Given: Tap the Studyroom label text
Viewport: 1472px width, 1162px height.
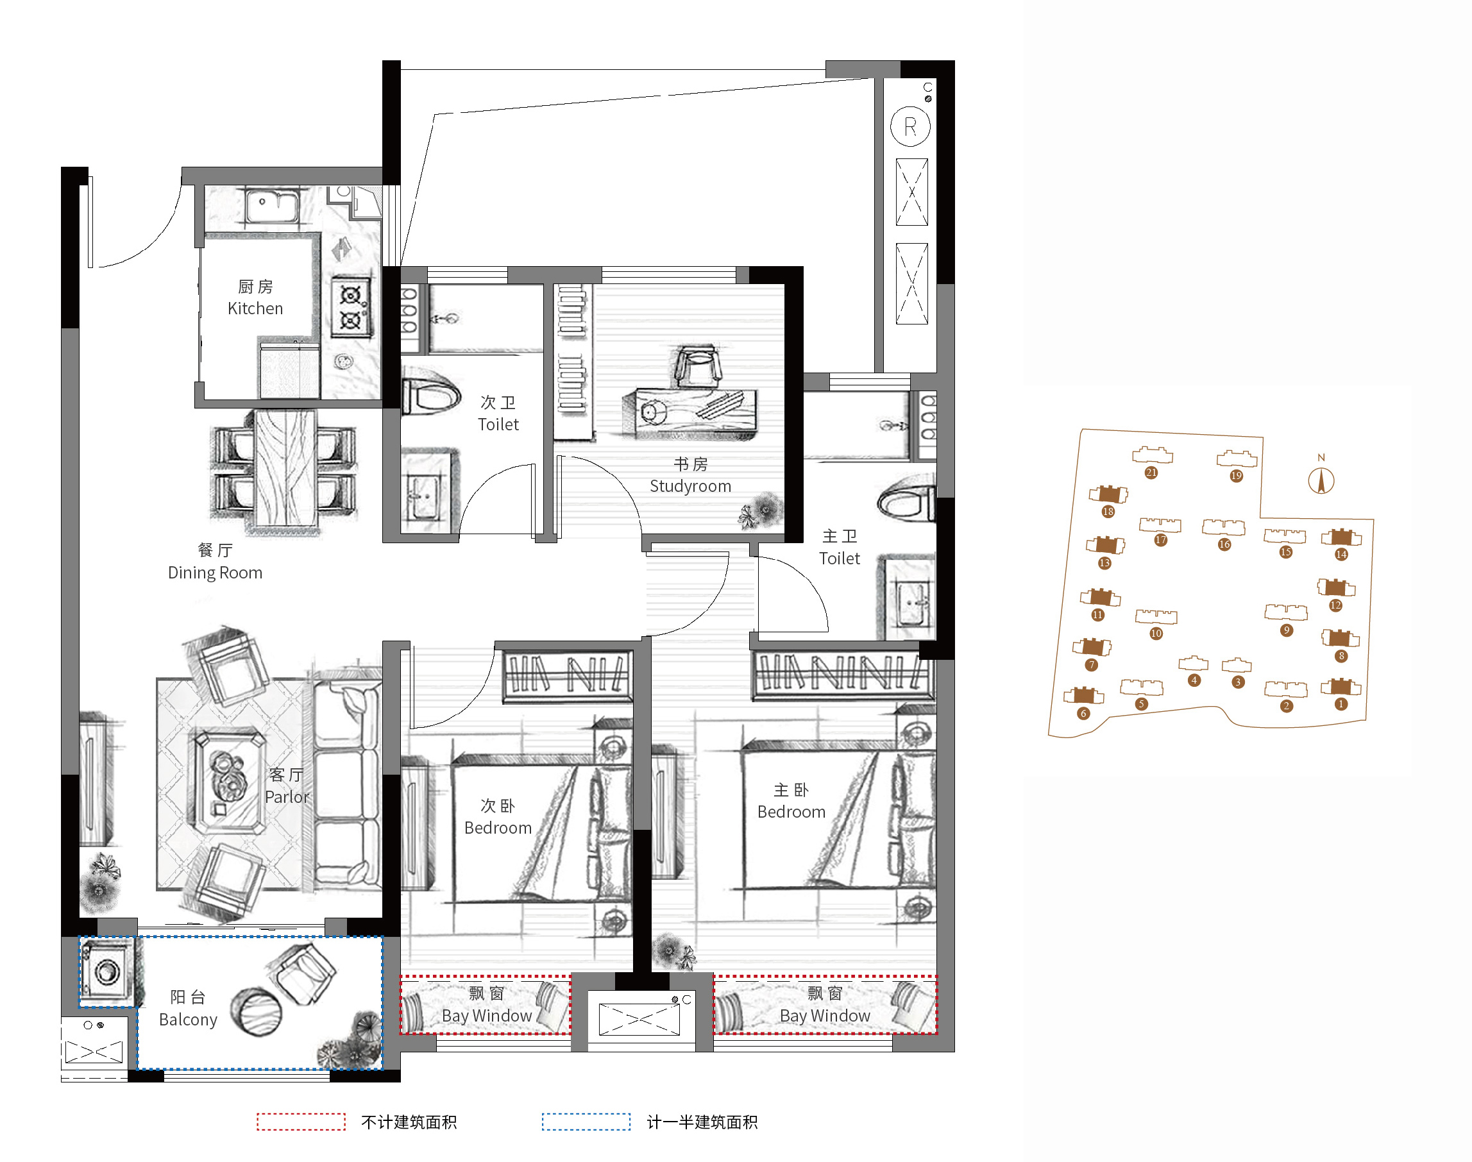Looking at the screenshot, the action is (690, 485).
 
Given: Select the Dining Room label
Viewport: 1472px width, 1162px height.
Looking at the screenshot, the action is (215, 572).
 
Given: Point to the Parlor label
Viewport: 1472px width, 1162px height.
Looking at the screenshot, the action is (287, 796).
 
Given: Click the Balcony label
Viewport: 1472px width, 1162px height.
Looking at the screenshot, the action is (188, 1019).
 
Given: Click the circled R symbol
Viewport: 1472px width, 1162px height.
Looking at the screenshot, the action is (911, 126).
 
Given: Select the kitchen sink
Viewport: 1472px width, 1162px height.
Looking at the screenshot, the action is (271, 205).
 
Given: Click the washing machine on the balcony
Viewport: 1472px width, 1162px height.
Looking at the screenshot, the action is (106, 972).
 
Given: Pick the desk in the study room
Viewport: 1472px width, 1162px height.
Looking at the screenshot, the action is (689, 413).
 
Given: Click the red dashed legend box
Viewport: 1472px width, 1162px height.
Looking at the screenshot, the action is (301, 1121).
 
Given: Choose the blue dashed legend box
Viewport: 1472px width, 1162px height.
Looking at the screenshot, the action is (586, 1121).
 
